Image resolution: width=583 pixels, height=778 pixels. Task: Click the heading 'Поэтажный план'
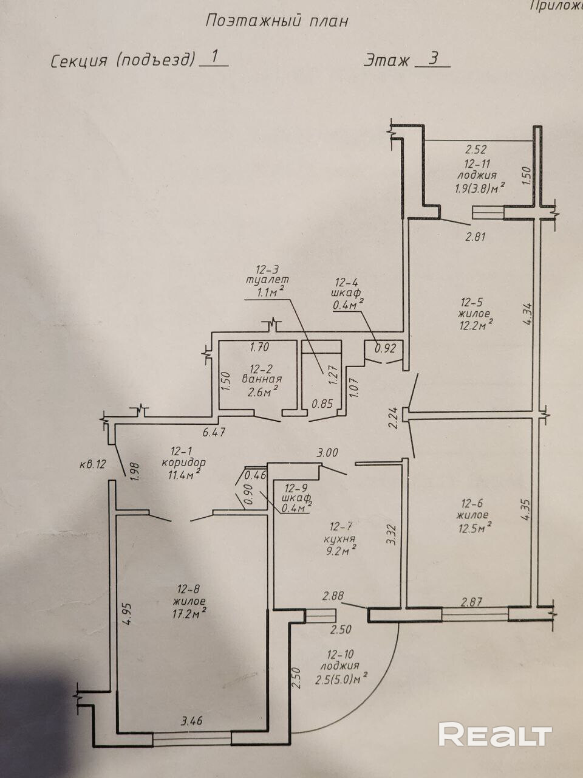click(277, 22)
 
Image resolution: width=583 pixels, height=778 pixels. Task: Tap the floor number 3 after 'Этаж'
click(433, 59)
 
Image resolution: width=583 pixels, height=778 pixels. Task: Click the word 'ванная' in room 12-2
click(262, 379)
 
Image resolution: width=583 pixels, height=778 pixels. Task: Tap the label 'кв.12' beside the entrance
click(93, 464)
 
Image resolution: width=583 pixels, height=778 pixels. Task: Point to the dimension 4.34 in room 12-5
click(527, 313)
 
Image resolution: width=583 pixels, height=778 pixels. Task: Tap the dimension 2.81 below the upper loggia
click(475, 236)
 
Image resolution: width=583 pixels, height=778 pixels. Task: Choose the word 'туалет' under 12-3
click(267, 280)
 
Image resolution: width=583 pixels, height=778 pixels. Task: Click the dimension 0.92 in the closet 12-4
click(386, 349)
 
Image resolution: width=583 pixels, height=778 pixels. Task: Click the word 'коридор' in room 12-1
click(184, 463)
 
